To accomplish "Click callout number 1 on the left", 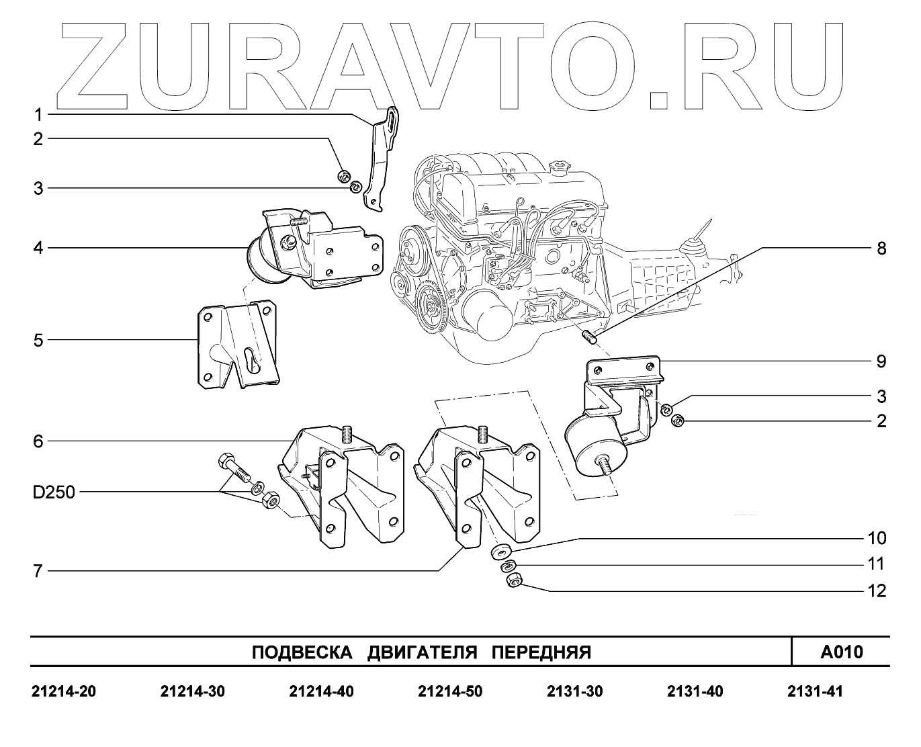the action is (x=38, y=114).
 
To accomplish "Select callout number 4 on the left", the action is (x=38, y=249).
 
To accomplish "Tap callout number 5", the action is (x=38, y=340).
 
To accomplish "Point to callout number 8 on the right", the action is (x=881, y=249).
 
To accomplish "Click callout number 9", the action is (x=881, y=361).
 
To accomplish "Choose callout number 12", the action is (x=877, y=590).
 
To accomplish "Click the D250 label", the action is (x=54, y=492).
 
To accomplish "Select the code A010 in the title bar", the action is (x=841, y=652).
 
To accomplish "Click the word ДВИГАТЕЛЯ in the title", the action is (x=422, y=652).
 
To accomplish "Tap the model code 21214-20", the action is (x=64, y=691).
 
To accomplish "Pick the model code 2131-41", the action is (x=814, y=691).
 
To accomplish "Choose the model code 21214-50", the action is (x=449, y=691).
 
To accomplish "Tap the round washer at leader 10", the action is (x=500, y=552).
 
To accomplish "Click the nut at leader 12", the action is (x=515, y=579).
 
